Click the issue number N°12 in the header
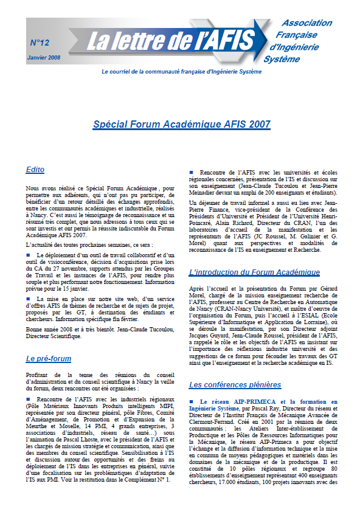(x=40, y=43)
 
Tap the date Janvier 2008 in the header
(x=44, y=57)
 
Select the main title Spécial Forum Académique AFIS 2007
(x=181, y=124)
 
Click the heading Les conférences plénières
(x=235, y=384)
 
